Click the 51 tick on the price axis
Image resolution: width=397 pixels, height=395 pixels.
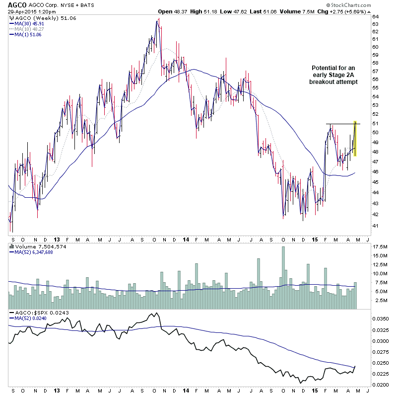click(375, 124)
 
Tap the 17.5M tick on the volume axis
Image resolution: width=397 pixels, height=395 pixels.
click(380, 246)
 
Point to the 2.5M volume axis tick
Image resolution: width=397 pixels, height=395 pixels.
click(380, 300)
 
